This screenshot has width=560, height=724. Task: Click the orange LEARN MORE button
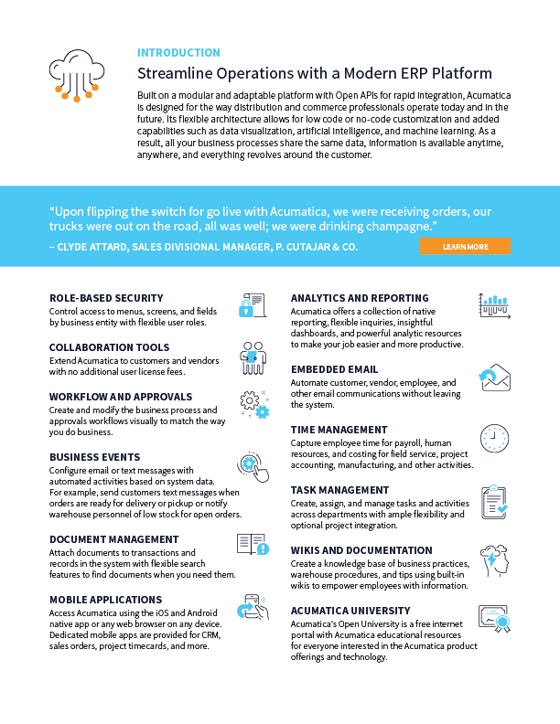465,246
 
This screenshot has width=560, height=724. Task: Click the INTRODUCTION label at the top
178,53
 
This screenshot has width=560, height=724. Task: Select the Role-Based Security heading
106,298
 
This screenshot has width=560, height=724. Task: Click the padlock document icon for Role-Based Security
252,307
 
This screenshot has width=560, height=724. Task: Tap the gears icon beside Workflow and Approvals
253,405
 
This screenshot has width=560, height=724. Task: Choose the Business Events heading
94,457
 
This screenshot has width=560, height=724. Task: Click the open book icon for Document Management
252,545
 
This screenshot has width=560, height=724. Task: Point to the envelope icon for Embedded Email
494,377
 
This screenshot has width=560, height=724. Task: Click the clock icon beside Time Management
494,438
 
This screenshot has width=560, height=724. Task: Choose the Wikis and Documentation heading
361,550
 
